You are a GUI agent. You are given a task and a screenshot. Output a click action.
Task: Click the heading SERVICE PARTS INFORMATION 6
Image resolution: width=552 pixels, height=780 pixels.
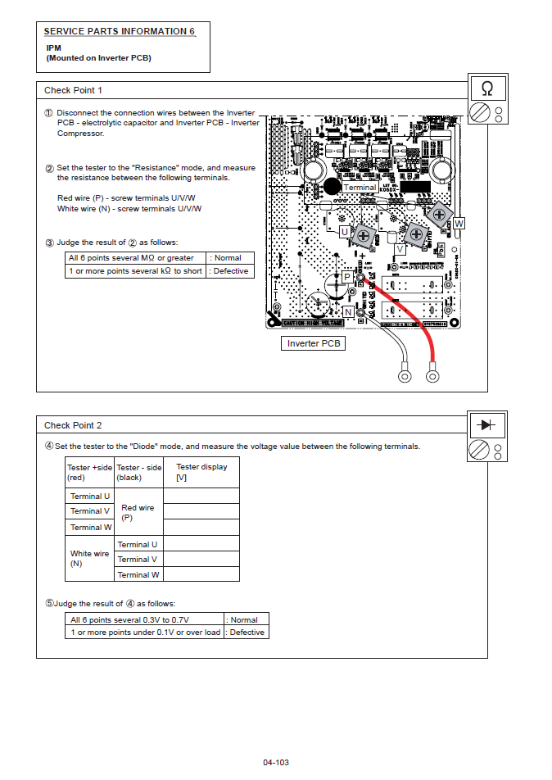(120, 31)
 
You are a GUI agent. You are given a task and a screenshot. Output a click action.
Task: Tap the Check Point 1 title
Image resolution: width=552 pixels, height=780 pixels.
(73, 90)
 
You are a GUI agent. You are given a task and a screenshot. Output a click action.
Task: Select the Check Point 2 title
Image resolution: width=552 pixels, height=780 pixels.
(73, 425)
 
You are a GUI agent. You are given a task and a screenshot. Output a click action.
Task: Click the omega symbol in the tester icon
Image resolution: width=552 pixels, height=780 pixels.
(487, 88)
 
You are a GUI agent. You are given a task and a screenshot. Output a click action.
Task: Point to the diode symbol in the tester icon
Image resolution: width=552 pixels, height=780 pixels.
(487, 424)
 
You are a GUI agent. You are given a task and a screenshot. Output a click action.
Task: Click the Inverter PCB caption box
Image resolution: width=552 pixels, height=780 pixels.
(313, 343)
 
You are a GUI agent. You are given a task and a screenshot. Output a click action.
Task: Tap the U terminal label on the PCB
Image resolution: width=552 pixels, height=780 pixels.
(345, 233)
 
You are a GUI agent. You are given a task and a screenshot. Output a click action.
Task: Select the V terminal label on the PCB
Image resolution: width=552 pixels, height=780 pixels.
(400, 248)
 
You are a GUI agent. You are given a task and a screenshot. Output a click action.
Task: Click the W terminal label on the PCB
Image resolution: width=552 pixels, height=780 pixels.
(459, 223)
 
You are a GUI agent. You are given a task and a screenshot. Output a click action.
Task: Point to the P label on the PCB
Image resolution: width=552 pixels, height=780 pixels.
(347, 277)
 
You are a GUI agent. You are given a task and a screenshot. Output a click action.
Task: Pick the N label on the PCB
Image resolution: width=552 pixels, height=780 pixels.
(348, 312)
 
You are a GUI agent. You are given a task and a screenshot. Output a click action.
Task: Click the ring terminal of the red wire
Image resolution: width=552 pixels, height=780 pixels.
(433, 376)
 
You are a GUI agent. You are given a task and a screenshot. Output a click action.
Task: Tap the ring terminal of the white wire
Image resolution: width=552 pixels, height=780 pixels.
(405, 376)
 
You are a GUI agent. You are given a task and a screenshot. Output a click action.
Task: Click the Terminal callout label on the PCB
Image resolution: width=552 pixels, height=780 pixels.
(360, 188)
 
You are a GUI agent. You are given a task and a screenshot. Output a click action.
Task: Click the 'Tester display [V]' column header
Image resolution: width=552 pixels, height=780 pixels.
(201, 471)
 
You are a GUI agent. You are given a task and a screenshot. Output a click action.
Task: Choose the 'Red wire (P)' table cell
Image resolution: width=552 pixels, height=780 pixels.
(138, 512)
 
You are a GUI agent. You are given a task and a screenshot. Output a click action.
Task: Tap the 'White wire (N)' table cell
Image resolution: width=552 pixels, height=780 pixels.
(89, 558)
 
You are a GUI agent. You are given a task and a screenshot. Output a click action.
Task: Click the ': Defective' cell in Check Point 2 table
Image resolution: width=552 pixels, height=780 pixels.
(247, 632)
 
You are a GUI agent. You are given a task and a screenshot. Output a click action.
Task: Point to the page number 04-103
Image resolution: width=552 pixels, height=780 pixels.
(276, 762)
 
